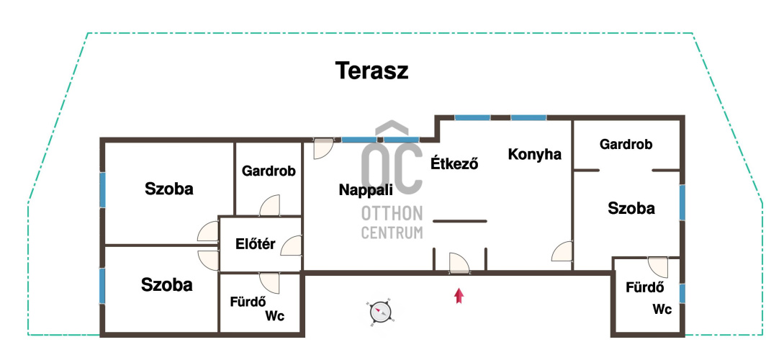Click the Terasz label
pyautogui.click(x=371, y=71)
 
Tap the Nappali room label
pyautogui.click(x=366, y=190)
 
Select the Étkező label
pyautogui.click(x=454, y=163)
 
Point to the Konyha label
pyautogui.click(x=534, y=155)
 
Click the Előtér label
pyautogui.click(x=256, y=244)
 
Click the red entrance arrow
pyautogui.click(x=459, y=295)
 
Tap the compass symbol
pyautogui.click(x=381, y=312)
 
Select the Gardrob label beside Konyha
pyautogui.click(x=626, y=145)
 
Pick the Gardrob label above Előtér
pyautogui.click(x=269, y=171)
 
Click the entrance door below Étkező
pyautogui.click(x=459, y=263)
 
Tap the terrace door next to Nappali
pyautogui.click(x=323, y=148)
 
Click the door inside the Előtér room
pyautogui.click(x=291, y=246)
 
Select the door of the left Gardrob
pyautogui.click(x=270, y=205)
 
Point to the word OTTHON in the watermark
pyautogui.click(x=392, y=214)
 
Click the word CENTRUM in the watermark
pyautogui.click(x=392, y=233)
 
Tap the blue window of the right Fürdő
pyautogui.click(x=682, y=293)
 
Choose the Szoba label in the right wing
pyautogui.click(x=631, y=208)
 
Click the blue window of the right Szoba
pyautogui.click(x=682, y=202)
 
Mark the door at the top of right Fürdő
pyautogui.click(x=657, y=268)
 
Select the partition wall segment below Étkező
pyautogui.click(x=459, y=221)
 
